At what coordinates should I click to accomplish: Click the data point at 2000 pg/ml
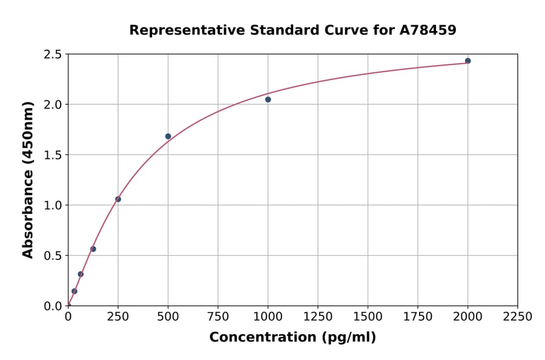467,61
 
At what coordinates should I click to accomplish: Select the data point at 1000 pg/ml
268,99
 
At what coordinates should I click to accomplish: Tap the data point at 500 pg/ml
168,136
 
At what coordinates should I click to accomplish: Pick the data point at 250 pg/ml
118,199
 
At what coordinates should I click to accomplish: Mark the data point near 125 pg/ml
93,249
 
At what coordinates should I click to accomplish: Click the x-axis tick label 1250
318,316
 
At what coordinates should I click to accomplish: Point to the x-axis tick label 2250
518,316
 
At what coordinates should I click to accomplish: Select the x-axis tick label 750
218,316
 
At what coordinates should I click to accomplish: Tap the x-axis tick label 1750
418,316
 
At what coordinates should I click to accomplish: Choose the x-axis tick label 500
168,316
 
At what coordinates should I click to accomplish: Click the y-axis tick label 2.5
53,55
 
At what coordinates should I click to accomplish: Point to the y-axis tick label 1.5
53,155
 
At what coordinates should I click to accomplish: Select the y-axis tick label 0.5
53,256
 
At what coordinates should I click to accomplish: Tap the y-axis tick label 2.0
53,105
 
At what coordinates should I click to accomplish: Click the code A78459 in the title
428,30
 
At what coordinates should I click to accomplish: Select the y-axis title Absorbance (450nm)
28,179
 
